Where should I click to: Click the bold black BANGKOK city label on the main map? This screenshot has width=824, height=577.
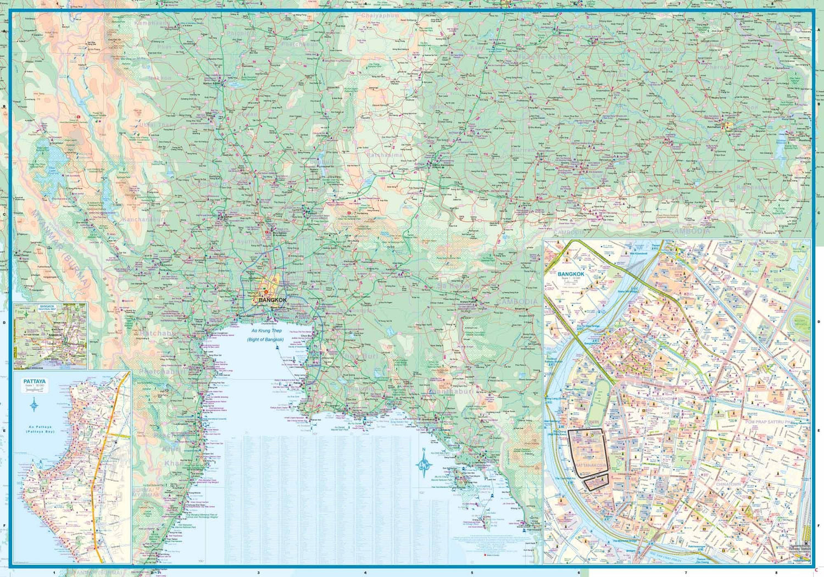(x=272, y=300)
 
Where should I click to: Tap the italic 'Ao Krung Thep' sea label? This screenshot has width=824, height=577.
(x=266, y=331)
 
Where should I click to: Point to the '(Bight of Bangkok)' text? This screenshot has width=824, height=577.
(x=265, y=340)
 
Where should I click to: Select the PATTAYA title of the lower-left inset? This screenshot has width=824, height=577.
(x=34, y=381)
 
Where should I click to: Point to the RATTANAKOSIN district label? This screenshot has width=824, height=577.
(x=592, y=465)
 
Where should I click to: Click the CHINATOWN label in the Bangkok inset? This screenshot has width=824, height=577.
(x=728, y=484)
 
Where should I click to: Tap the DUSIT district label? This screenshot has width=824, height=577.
(x=794, y=279)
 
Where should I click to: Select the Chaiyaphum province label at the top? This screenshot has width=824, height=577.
(x=380, y=16)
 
